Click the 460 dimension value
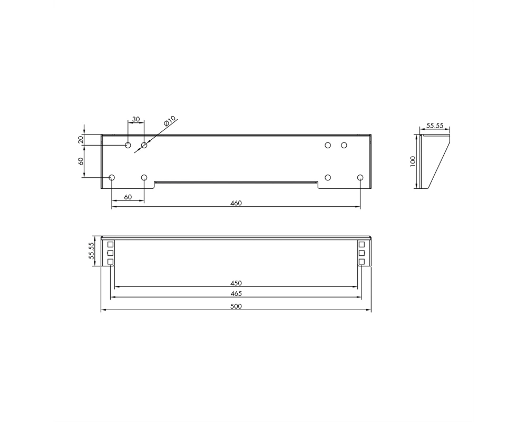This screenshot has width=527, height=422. click(x=236, y=203)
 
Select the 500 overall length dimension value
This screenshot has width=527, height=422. click(x=236, y=306)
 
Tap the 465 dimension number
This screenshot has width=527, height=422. click(x=236, y=293)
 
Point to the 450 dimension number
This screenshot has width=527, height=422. click(x=236, y=283)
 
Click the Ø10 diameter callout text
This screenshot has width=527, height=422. click(x=170, y=121)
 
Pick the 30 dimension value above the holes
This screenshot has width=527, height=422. click(x=136, y=119)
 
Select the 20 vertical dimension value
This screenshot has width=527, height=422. click(x=81, y=140)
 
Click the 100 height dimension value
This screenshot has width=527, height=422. click(x=413, y=161)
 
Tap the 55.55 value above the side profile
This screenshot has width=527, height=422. click(x=435, y=126)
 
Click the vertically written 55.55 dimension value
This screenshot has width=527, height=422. click(x=91, y=251)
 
